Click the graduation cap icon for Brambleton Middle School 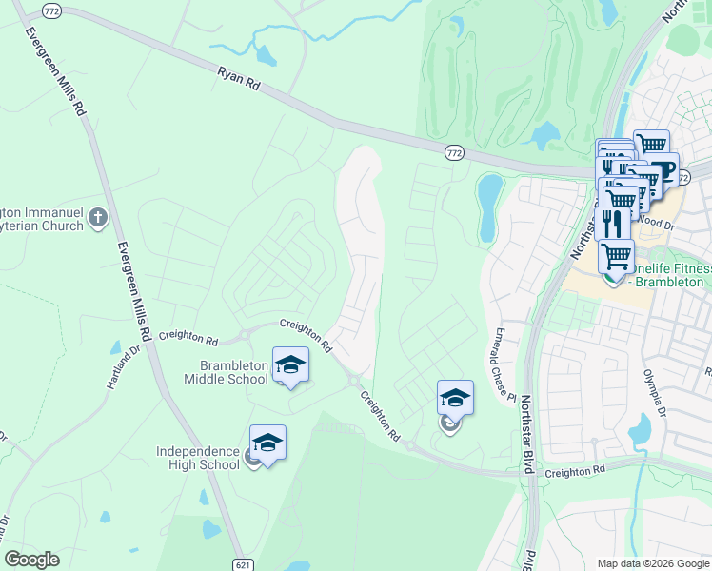[x=291, y=364]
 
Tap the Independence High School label [x=200, y=458]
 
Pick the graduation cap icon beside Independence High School [x=267, y=443]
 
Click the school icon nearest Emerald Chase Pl [x=455, y=398]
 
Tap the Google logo [x=31, y=560]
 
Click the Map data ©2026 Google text [x=652, y=563]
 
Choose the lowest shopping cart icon [x=616, y=254]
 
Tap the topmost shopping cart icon [x=651, y=146]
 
